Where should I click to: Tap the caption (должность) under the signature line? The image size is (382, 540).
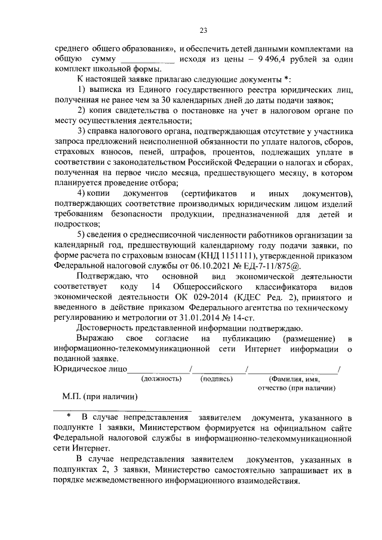tap(161, 379)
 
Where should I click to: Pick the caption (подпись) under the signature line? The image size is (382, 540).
tap(217, 379)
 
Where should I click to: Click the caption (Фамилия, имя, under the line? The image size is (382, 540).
tap(295, 379)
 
